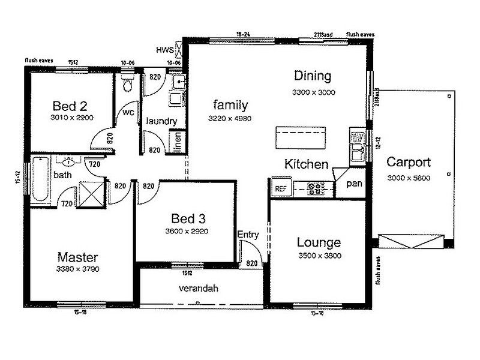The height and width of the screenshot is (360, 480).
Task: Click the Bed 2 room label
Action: [71, 106]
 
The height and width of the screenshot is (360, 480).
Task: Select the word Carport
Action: [409, 162]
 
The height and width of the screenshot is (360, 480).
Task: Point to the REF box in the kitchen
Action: [281, 188]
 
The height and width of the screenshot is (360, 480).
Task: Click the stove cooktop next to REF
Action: [316, 188]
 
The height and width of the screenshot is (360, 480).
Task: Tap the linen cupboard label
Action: [177, 142]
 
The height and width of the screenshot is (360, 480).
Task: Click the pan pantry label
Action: [354, 184]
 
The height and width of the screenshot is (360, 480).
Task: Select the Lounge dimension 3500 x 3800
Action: [319, 255]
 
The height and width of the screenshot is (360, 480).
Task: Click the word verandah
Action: [199, 289]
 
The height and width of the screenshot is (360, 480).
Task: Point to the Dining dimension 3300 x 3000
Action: [313, 92]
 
